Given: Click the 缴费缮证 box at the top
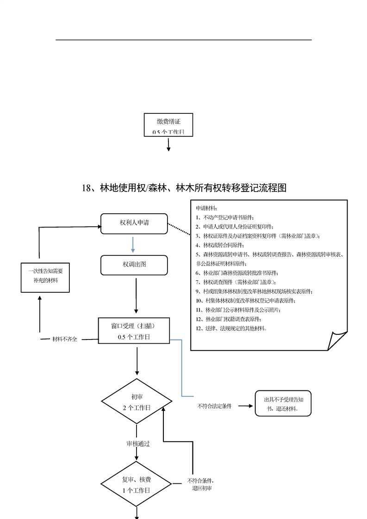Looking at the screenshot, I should click(168, 124).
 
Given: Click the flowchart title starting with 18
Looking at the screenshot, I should click(184, 188).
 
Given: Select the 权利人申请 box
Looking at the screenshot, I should click(134, 224).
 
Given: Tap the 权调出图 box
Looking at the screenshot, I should click(134, 264).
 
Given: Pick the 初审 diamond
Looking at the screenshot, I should click(137, 402).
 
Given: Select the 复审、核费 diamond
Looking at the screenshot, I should click(137, 484).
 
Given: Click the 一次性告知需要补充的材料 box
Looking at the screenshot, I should click(45, 277).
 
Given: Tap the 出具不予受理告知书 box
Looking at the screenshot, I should click(283, 403).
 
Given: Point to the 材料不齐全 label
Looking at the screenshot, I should click(65, 339).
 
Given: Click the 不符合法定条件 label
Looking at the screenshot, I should click(214, 406).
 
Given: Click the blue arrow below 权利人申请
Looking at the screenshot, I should click(133, 244).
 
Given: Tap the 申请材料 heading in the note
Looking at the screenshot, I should click(206, 209).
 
